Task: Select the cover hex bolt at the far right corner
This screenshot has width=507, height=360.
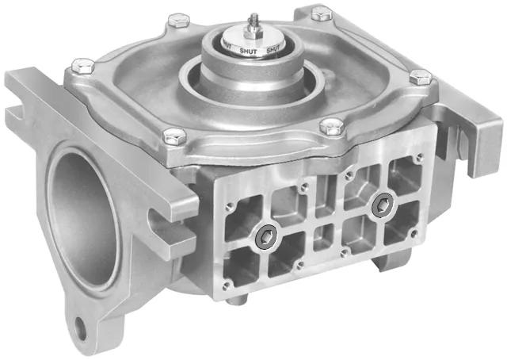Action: coord(421,77)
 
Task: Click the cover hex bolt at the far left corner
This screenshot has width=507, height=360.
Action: coord(78,64)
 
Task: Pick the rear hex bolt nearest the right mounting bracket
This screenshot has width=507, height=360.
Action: coord(321,13)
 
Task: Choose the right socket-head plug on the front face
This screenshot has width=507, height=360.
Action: coord(383,204)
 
